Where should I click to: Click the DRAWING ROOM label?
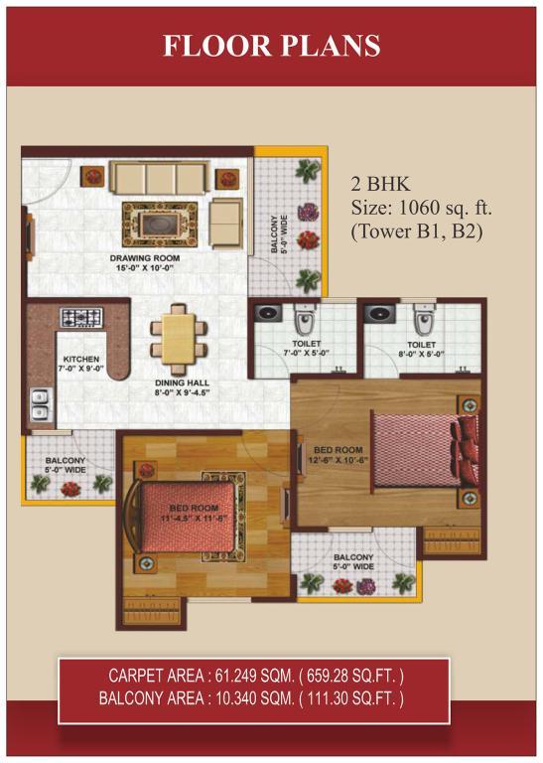pyautogui.click(x=144, y=258)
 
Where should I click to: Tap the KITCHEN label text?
pyautogui.click(x=81, y=359)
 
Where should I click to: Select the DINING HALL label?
pyautogui.click(x=182, y=382)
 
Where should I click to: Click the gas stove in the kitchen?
pyautogui.click(x=81, y=317)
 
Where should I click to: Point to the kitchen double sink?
pyautogui.click(x=41, y=405)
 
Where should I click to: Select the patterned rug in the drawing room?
pyautogui.click(x=160, y=225)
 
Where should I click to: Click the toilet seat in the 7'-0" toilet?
pyautogui.click(x=305, y=320)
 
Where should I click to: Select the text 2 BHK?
pyautogui.click(x=380, y=184)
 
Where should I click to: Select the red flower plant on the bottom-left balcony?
pyautogui.click(x=70, y=489)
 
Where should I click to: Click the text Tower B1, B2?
pyautogui.click(x=417, y=231)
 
